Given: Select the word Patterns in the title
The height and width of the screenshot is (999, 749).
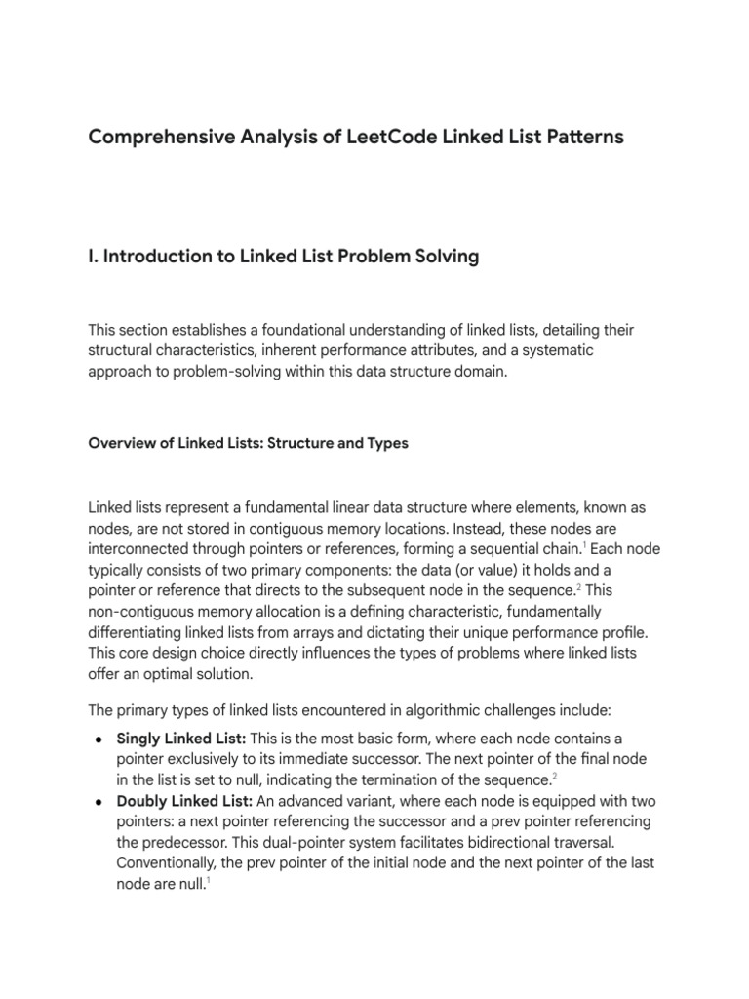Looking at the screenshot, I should (x=579, y=138).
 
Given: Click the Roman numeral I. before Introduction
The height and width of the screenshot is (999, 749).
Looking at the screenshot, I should (x=93, y=258).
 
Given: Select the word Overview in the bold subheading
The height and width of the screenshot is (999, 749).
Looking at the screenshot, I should (x=121, y=443).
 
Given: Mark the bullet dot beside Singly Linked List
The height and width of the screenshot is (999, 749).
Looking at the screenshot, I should (x=99, y=739).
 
